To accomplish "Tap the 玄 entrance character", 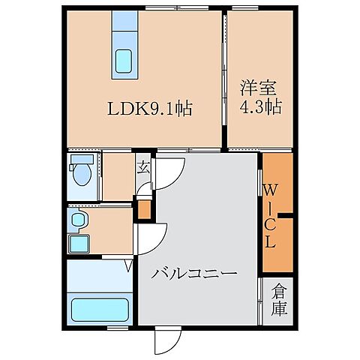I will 144,169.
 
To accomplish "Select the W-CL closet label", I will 269,213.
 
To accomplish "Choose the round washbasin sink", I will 78,220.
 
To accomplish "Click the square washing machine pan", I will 78,244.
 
